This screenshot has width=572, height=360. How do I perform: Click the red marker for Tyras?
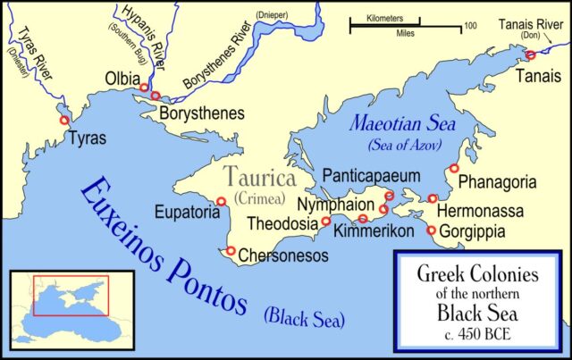tap(63, 121)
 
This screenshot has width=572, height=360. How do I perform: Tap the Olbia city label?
tap(122, 77)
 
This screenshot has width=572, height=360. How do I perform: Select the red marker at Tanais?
tap(530, 54)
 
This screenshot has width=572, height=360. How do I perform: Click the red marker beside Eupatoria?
tap(221, 201)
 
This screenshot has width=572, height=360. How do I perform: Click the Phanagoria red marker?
tap(454, 168)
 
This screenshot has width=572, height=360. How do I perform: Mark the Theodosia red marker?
tap(326, 221)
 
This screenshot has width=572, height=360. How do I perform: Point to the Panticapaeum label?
tap(370, 175)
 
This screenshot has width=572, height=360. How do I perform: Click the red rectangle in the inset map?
tap(70, 296)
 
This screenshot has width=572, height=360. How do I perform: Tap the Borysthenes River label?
tap(223, 62)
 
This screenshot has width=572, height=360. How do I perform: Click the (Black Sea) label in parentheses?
tap(304, 317)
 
